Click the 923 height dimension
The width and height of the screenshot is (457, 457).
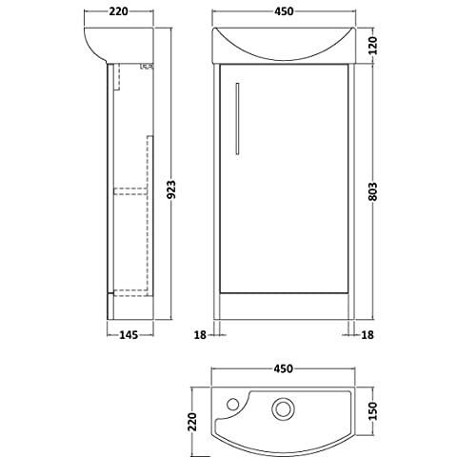point(171,189)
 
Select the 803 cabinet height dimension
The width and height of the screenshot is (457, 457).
point(373,191)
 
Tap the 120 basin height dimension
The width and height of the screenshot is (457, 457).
point(373,46)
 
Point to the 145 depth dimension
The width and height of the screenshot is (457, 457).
point(129,334)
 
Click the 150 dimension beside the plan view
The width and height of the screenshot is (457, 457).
point(373,410)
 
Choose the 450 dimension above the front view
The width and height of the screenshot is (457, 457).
point(284,11)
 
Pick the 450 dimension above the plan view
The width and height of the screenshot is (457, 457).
point(284,368)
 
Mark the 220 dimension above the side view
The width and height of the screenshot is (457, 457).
point(118,11)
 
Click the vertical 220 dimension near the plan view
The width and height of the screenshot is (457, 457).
point(192,422)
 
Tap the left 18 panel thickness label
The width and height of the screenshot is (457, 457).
point(200,334)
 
